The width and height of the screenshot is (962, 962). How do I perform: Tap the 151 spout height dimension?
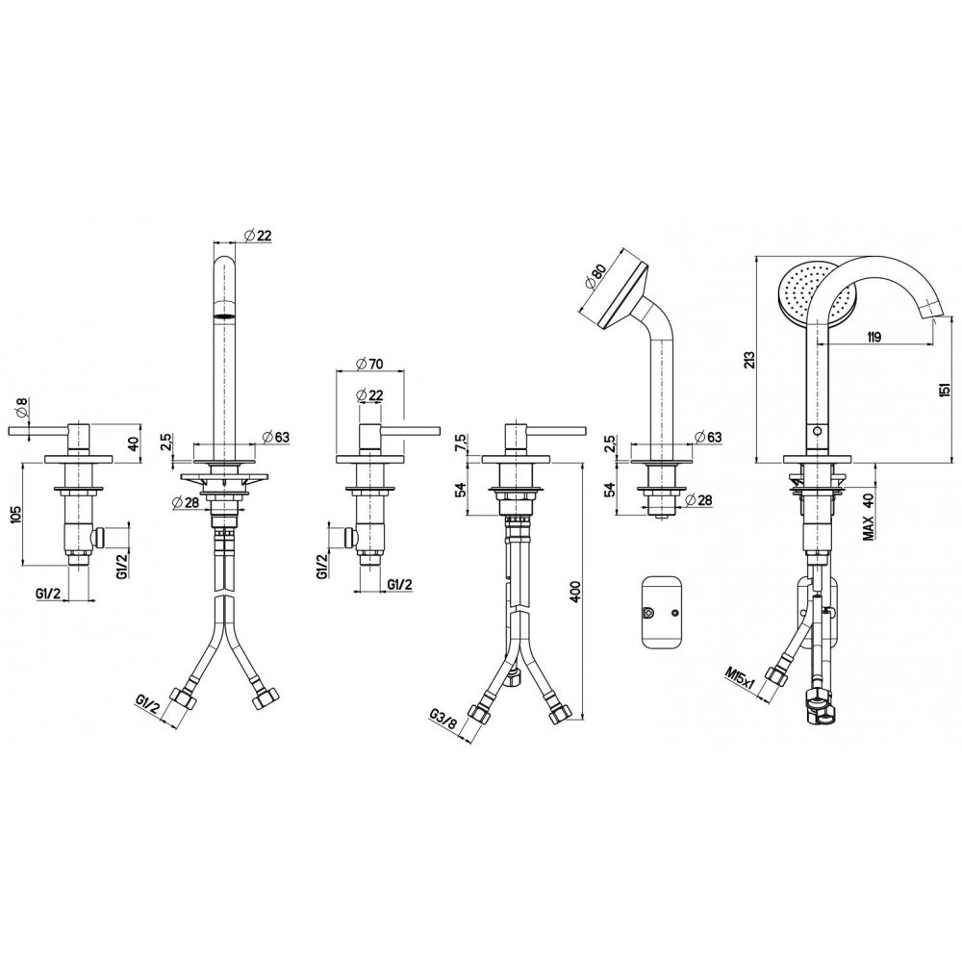tap(946, 389)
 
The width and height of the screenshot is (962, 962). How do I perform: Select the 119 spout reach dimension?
tap(873, 337)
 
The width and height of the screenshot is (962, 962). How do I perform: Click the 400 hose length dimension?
tap(575, 591)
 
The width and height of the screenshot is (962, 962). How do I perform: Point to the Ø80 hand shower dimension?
tap(595, 276)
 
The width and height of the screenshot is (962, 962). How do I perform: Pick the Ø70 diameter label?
tap(369, 364)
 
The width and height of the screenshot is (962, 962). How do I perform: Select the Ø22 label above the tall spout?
tap(258, 235)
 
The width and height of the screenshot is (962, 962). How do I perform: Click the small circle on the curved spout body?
tap(815, 431)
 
